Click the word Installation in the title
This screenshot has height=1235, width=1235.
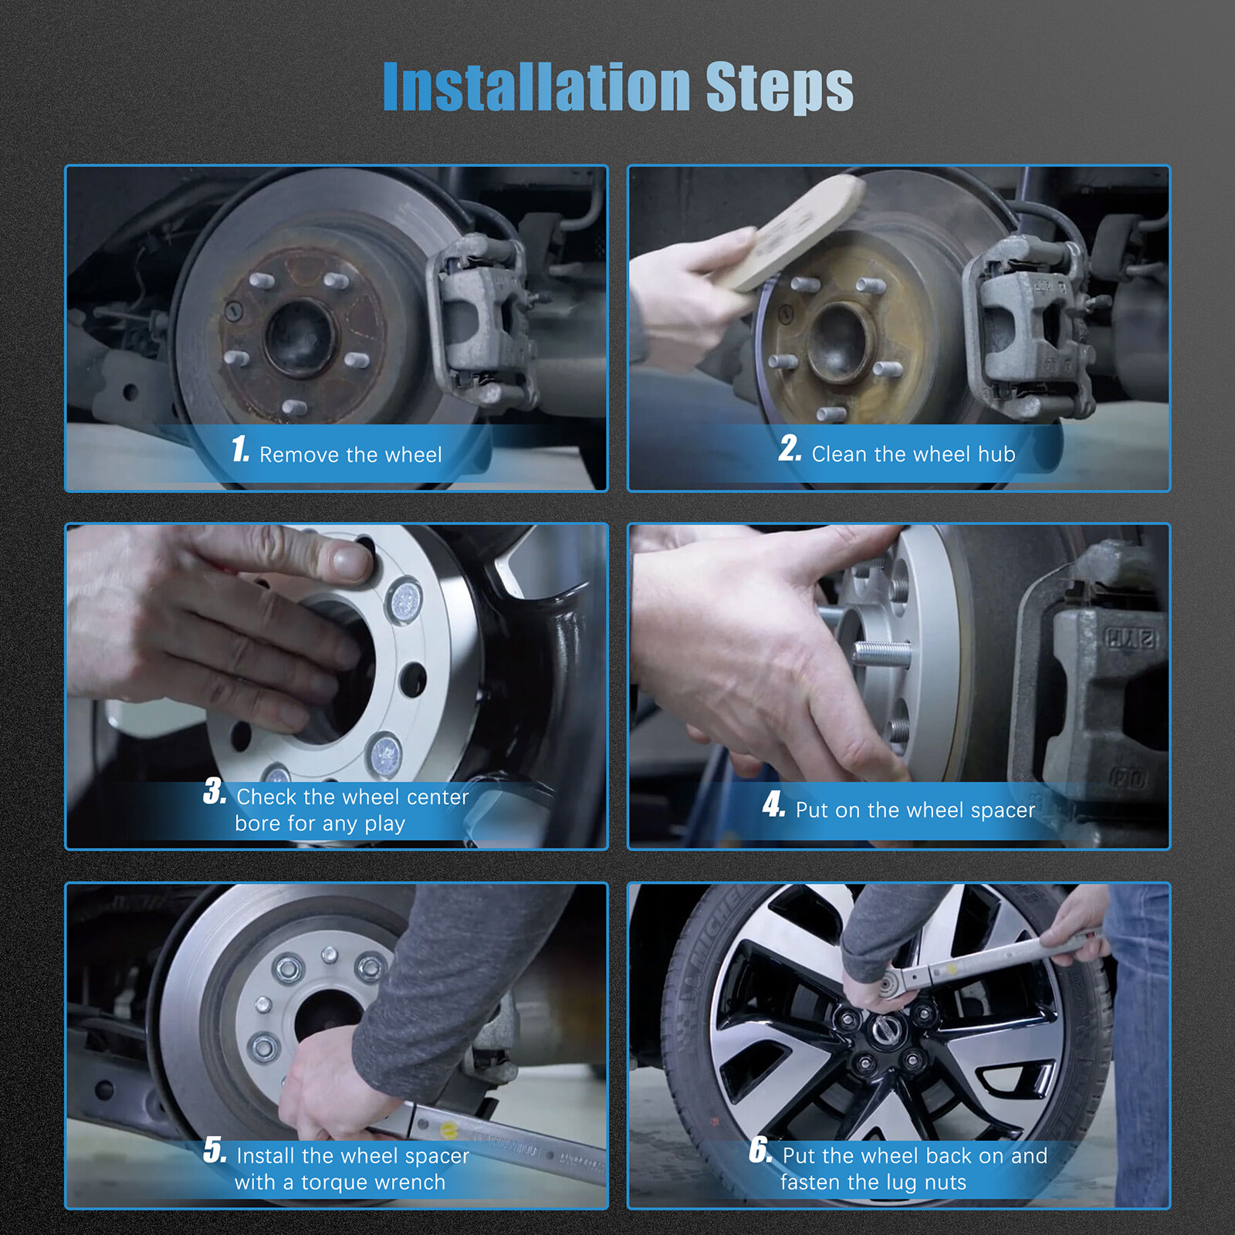coord(536,86)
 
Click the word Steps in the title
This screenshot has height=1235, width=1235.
coord(780,88)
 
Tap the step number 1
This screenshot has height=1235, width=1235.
coord(240,448)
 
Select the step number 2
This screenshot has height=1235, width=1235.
coord(790,448)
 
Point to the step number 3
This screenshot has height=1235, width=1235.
coord(215,791)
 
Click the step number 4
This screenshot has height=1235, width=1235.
coord(773,804)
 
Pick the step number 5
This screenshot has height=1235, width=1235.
coord(215,1150)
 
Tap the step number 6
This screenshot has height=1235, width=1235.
coord(760,1150)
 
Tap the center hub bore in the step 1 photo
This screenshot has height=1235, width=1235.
coord(301,337)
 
